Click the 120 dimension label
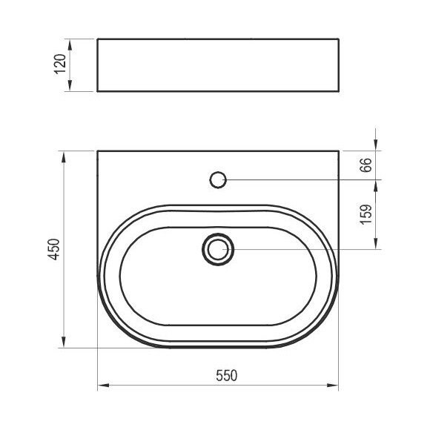pos(60,64)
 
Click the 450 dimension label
pos(53,249)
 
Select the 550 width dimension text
pos(226,375)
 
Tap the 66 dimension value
pos(365,165)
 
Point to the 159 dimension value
pos(365,214)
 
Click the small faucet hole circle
pos(218,180)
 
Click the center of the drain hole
pos(218,249)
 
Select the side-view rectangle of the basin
pos(218,65)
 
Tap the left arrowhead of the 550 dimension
pos(103,386)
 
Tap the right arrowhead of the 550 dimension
pos(333,386)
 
